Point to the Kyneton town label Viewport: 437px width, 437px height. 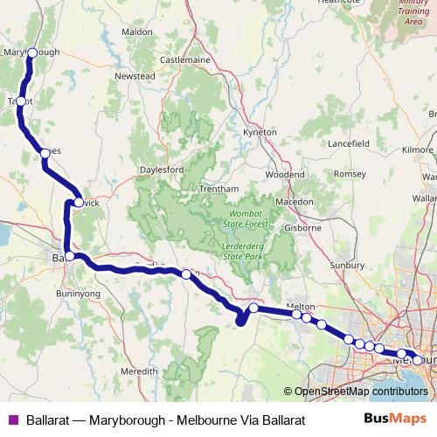(260, 132)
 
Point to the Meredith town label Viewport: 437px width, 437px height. (139, 371)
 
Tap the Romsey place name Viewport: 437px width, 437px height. (349, 174)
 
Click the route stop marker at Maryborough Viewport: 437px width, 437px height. (32, 52)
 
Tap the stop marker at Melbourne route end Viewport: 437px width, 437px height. (418, 359)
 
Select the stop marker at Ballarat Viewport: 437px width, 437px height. (70, 256)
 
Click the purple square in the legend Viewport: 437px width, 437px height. (12, 420)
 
